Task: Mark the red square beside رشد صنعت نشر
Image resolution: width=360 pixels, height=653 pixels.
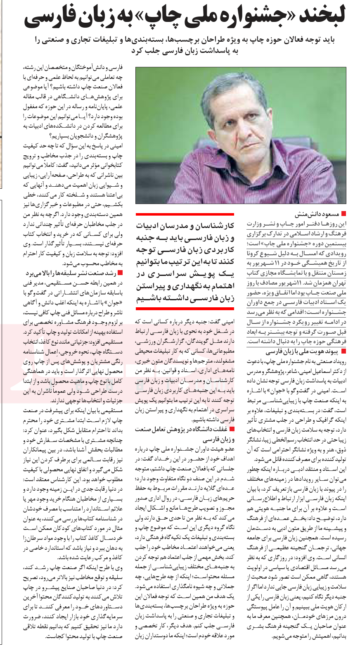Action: [120, 273]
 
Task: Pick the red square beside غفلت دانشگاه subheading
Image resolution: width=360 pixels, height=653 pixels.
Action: [231, 429]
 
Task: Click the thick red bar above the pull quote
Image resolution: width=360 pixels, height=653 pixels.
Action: [185, 214]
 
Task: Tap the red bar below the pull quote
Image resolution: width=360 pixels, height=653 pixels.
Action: [185, 309]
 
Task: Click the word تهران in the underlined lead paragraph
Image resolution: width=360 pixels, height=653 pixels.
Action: [338, 283]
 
